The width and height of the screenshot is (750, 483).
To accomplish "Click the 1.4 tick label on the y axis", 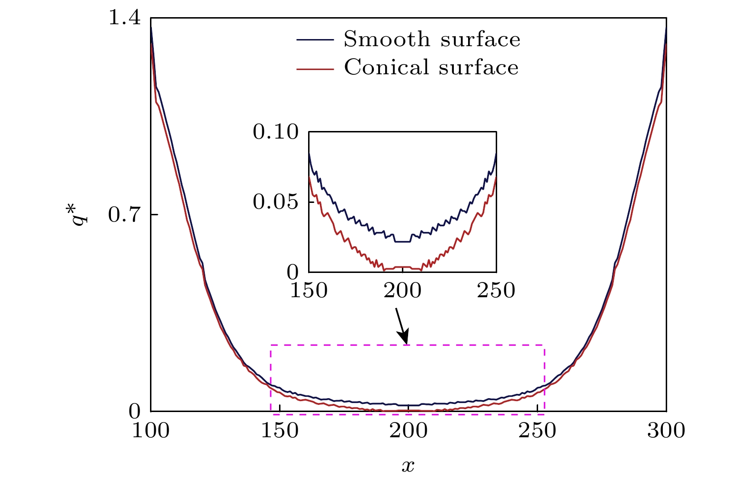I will tap(125, 18).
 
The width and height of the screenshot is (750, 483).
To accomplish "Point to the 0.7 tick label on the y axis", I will tap(125, 215).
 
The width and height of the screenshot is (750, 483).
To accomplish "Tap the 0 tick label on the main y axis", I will tap(135, 411).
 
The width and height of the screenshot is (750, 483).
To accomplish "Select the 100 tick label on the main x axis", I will tap(150, 431).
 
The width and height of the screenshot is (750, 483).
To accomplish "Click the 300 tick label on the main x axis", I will tap(666, 431).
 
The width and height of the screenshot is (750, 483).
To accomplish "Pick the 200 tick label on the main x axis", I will tap(408, 431).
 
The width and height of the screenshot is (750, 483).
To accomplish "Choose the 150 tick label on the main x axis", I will tap(280, 431).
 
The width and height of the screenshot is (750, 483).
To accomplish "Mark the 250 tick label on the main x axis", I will tap(537, 431).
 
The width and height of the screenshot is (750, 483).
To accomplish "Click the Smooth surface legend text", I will tap(432, 40).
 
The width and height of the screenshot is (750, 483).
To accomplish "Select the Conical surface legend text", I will tap(431, 68).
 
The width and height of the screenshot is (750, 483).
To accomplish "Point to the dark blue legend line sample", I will tap(314, 40).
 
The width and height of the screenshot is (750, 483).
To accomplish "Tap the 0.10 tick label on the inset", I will tap(276, 132).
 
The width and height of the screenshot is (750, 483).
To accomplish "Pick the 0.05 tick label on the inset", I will tap(276, 202).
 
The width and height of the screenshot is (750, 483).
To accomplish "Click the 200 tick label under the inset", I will tap(402, 291).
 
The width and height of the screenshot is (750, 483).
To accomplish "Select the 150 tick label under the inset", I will tap(309, 291).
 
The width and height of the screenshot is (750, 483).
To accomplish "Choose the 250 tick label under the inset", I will tap(496, 291).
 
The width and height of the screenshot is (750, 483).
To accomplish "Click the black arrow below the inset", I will tap(401, 326).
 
